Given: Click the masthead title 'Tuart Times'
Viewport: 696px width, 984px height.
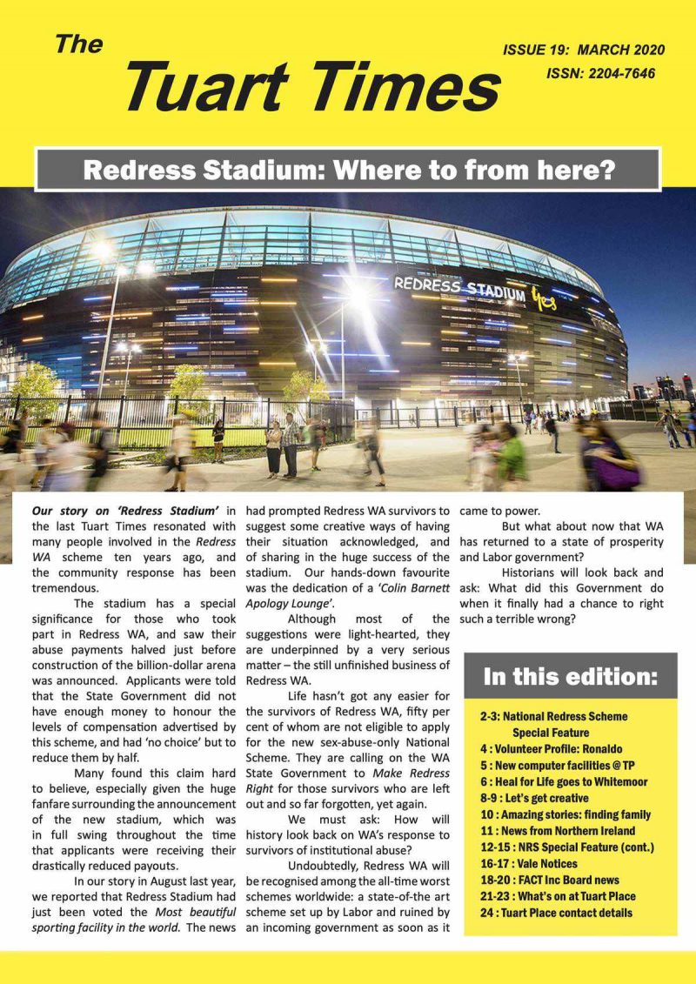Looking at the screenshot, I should tap(313, 89).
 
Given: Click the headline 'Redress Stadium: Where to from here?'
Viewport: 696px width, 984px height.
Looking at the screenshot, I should tap(348, 170).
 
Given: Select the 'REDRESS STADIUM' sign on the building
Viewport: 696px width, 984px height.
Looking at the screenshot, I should tap(459, 288).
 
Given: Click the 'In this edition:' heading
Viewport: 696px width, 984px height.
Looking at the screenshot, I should tap(570, 676).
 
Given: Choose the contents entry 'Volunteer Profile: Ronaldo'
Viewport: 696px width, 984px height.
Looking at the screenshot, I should tap(551, 748).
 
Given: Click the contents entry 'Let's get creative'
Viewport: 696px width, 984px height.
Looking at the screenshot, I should tap(545, 798).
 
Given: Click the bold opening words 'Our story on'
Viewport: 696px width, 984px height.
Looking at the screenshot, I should tap(67, 510).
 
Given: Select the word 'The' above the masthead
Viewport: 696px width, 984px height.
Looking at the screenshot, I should tap(79, 45).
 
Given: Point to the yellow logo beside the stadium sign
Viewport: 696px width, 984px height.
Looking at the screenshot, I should tap(544, 298).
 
